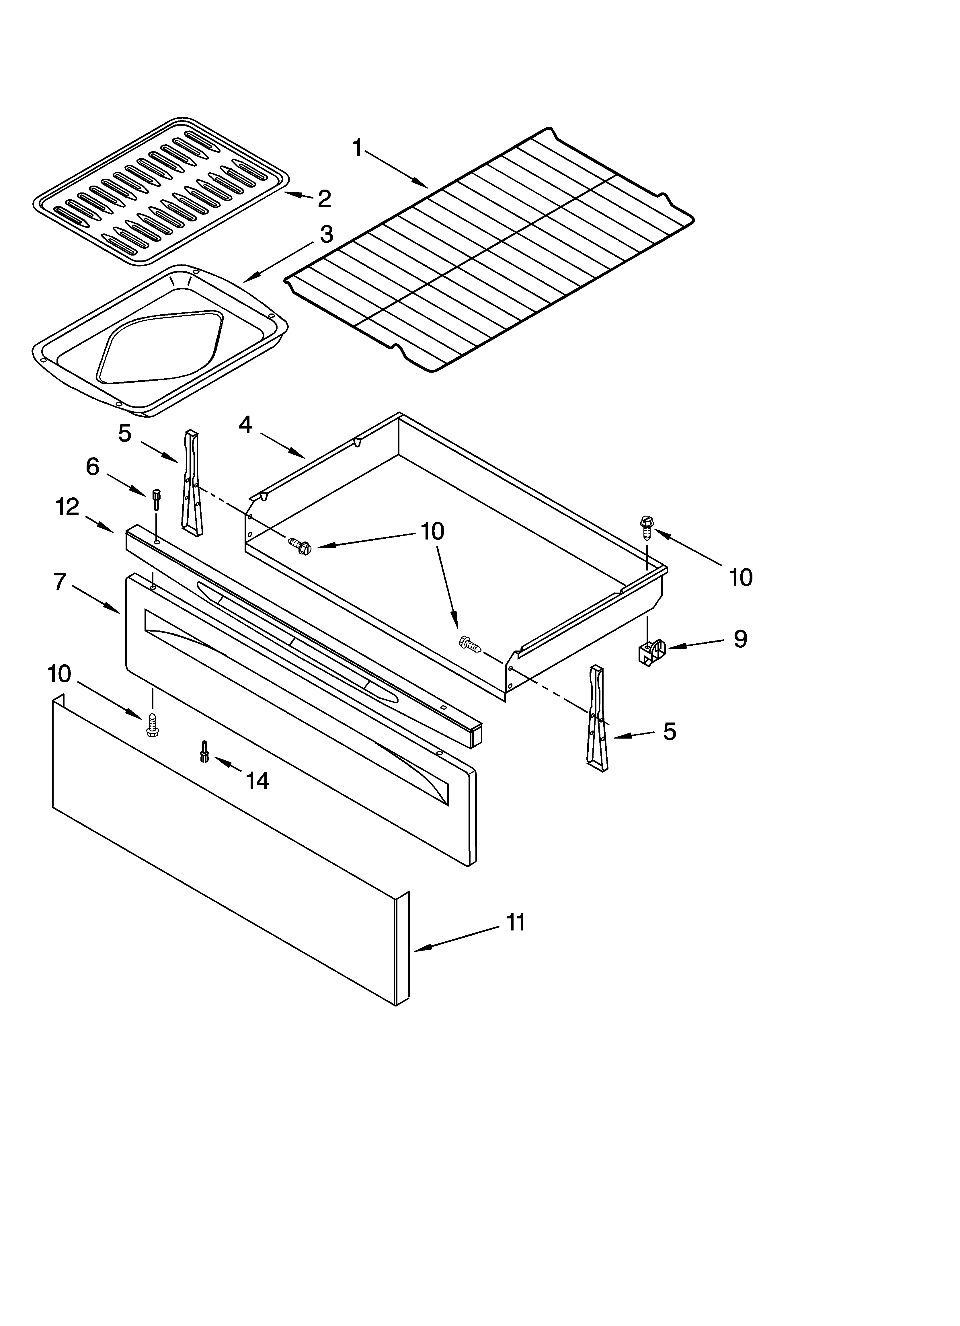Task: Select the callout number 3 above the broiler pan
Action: (x=326, y=235)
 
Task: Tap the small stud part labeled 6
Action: (x=156, y=500)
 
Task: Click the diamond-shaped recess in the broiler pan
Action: (x=161, y=347)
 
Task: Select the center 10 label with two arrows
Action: (x=433, y=531)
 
